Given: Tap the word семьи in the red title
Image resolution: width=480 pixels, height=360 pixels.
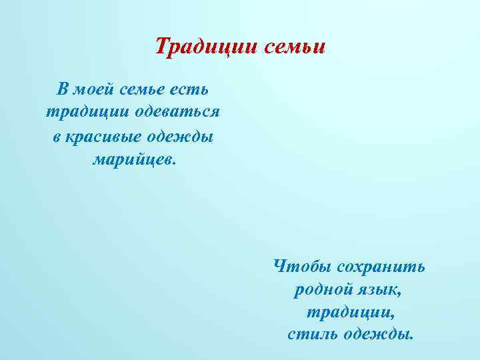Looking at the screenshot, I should pos(294,47).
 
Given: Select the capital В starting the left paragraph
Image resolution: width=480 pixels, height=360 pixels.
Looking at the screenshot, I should pos(63,89).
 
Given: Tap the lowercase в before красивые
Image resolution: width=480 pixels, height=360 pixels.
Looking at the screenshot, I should pos(57,136).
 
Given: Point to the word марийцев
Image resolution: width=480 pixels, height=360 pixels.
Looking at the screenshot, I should pos(130,160).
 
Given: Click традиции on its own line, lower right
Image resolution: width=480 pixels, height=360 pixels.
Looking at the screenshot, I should pos(351,312).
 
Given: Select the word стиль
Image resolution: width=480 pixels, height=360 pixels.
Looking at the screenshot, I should pos(312,333).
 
